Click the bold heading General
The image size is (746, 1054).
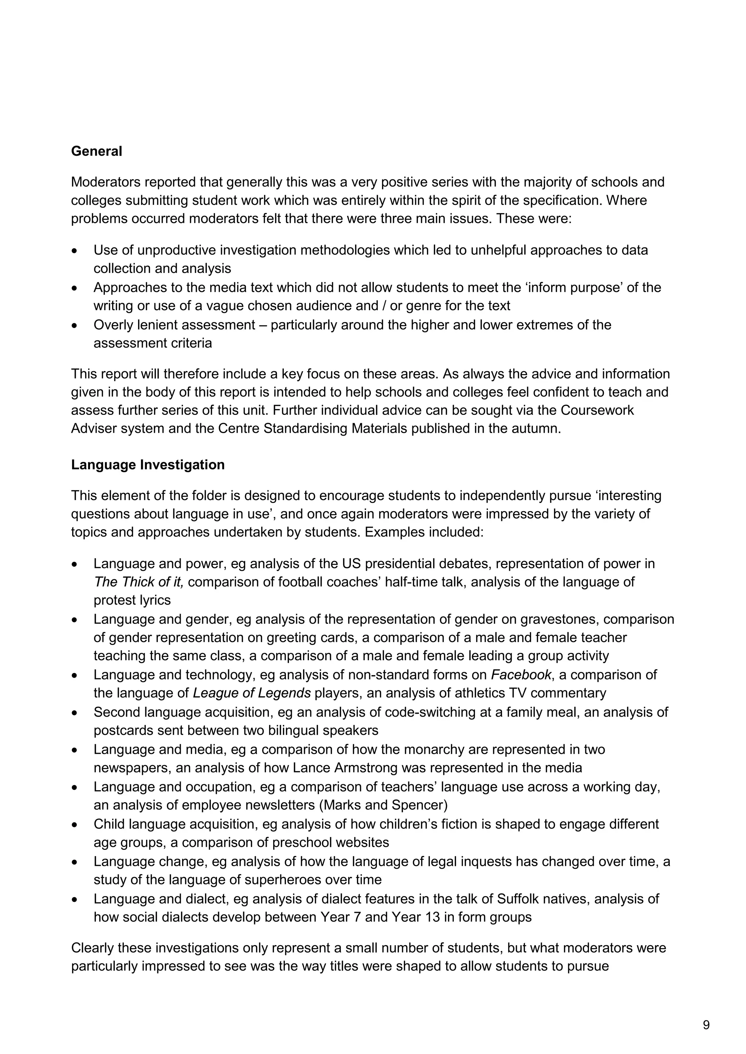tap(97, 151)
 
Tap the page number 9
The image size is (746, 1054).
tap(706, 1025)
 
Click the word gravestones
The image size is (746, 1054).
tap(559, 619)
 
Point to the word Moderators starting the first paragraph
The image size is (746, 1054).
tap(106, 182)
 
